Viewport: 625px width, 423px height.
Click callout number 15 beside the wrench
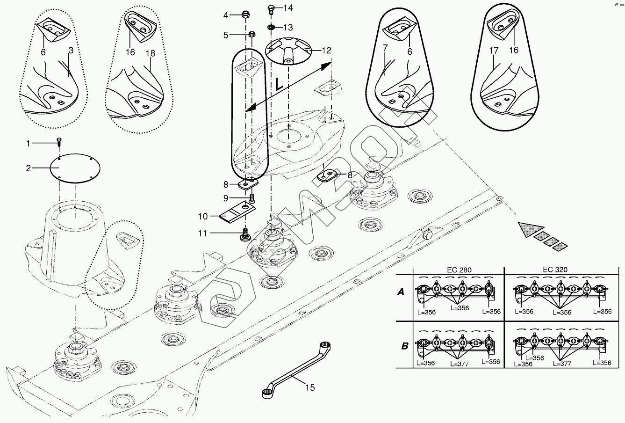click(x=310, y=387)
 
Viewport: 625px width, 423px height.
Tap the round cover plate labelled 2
click(x=75, y=168)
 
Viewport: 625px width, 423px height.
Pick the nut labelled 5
click(x=251, y=34)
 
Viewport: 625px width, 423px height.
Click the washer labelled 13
click(x=271, y=27)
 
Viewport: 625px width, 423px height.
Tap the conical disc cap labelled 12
click(x=287, y=51)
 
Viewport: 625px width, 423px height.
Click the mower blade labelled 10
click(x=237, y=213)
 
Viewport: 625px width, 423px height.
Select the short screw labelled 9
click(x=252, y=198)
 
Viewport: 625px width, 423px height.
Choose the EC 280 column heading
click(x=459, y=270)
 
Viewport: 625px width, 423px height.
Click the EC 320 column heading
click(x=555, y=270)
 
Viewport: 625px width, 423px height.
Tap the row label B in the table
click(x=404, y=346)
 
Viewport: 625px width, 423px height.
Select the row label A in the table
click(x=401, y=292)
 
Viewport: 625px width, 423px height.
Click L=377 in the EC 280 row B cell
click(x=460, y=364)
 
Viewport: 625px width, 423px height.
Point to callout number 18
click(x=151, y=53)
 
